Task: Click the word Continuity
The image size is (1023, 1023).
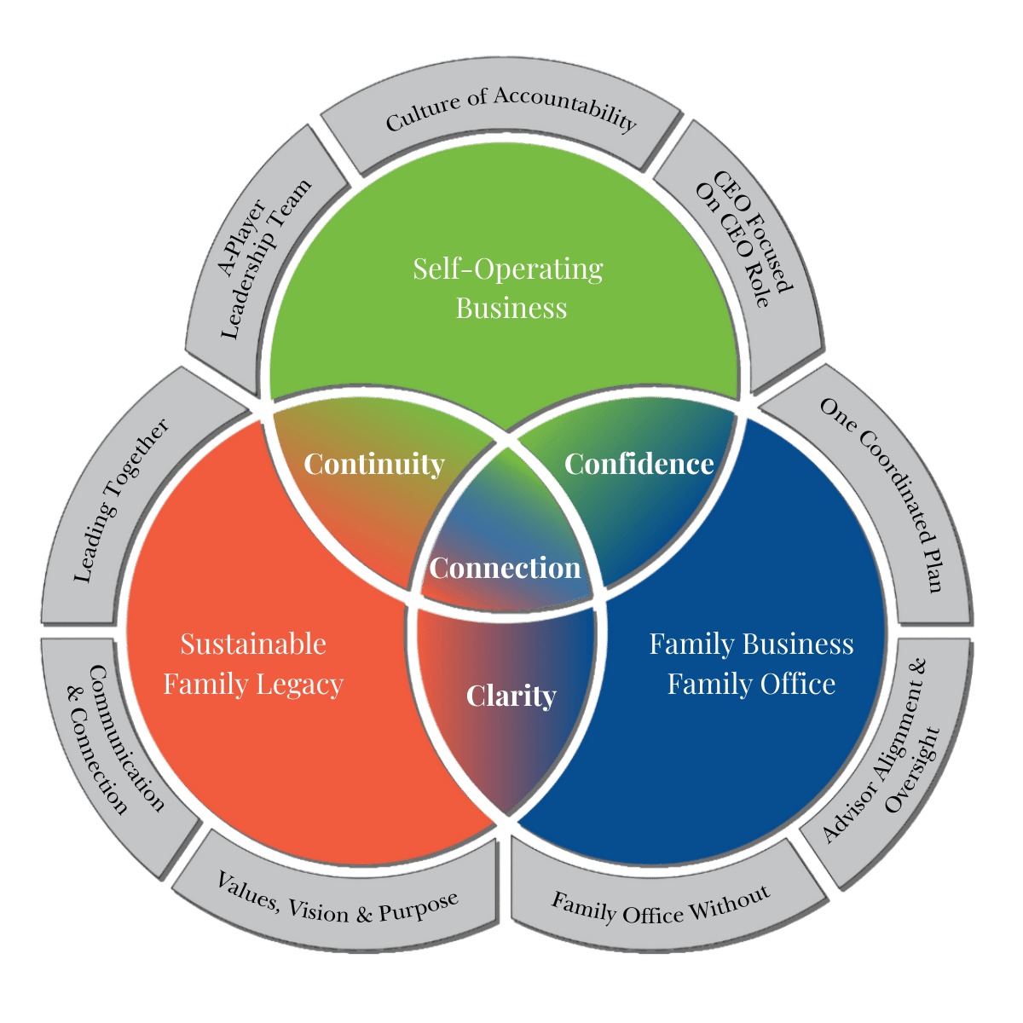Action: click(374, 464)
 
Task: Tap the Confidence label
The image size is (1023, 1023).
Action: click(639, 464)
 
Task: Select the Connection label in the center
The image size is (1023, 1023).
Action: click(505, 568)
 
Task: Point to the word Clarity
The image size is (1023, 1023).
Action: click(511, 696)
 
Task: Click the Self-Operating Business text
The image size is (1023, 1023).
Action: click(510, 288)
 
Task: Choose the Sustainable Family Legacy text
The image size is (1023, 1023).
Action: click(253, 664)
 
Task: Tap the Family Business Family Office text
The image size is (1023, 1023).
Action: click(751, 664)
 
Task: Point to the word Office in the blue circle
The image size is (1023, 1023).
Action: click(794, 685)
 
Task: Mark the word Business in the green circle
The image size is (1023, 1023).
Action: click(511, 308)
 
